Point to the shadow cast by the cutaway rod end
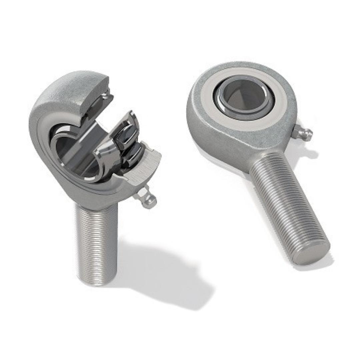point(167,277)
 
